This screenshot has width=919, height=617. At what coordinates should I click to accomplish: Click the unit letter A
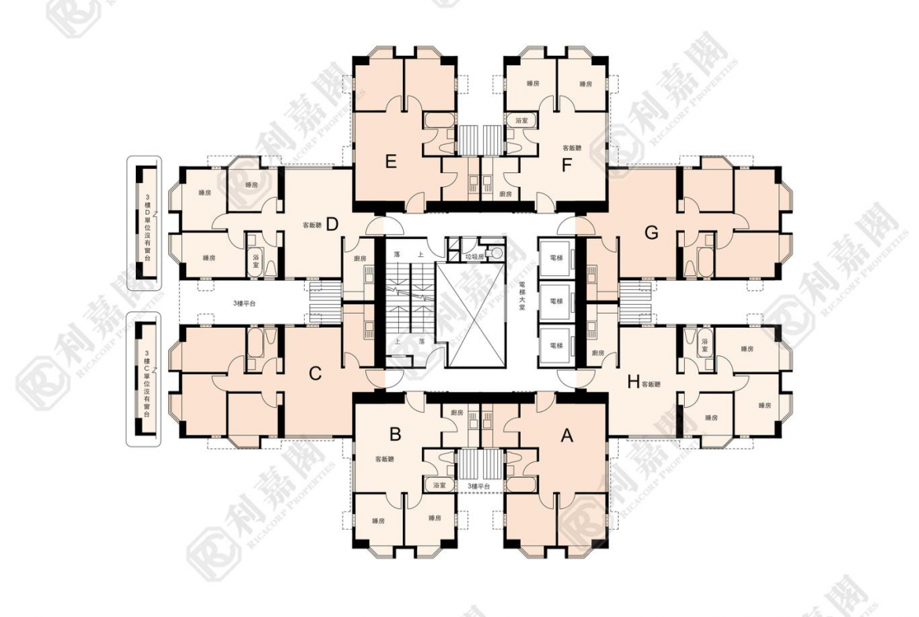point(566,439)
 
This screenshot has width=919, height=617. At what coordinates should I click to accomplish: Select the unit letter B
point(396,433)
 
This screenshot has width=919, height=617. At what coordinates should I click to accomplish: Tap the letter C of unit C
point(315,374)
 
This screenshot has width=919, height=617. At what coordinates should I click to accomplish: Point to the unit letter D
point(331,225)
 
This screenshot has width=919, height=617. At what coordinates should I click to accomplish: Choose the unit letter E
point(390,163)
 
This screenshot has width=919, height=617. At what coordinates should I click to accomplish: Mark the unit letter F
point(564,165)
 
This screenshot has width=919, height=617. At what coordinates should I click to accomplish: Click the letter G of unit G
point(650,233)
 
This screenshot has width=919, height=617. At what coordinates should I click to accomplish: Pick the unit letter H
point(632,383)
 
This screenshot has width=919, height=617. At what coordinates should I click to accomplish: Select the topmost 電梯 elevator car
point(556,257)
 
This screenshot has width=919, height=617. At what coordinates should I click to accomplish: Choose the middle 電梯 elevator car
point(556,301)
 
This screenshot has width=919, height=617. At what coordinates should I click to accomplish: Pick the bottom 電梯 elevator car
point(556,345)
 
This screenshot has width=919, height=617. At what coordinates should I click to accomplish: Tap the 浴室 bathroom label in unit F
point(521,121)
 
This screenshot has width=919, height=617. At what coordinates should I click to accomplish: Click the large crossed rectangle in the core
point(474,315)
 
